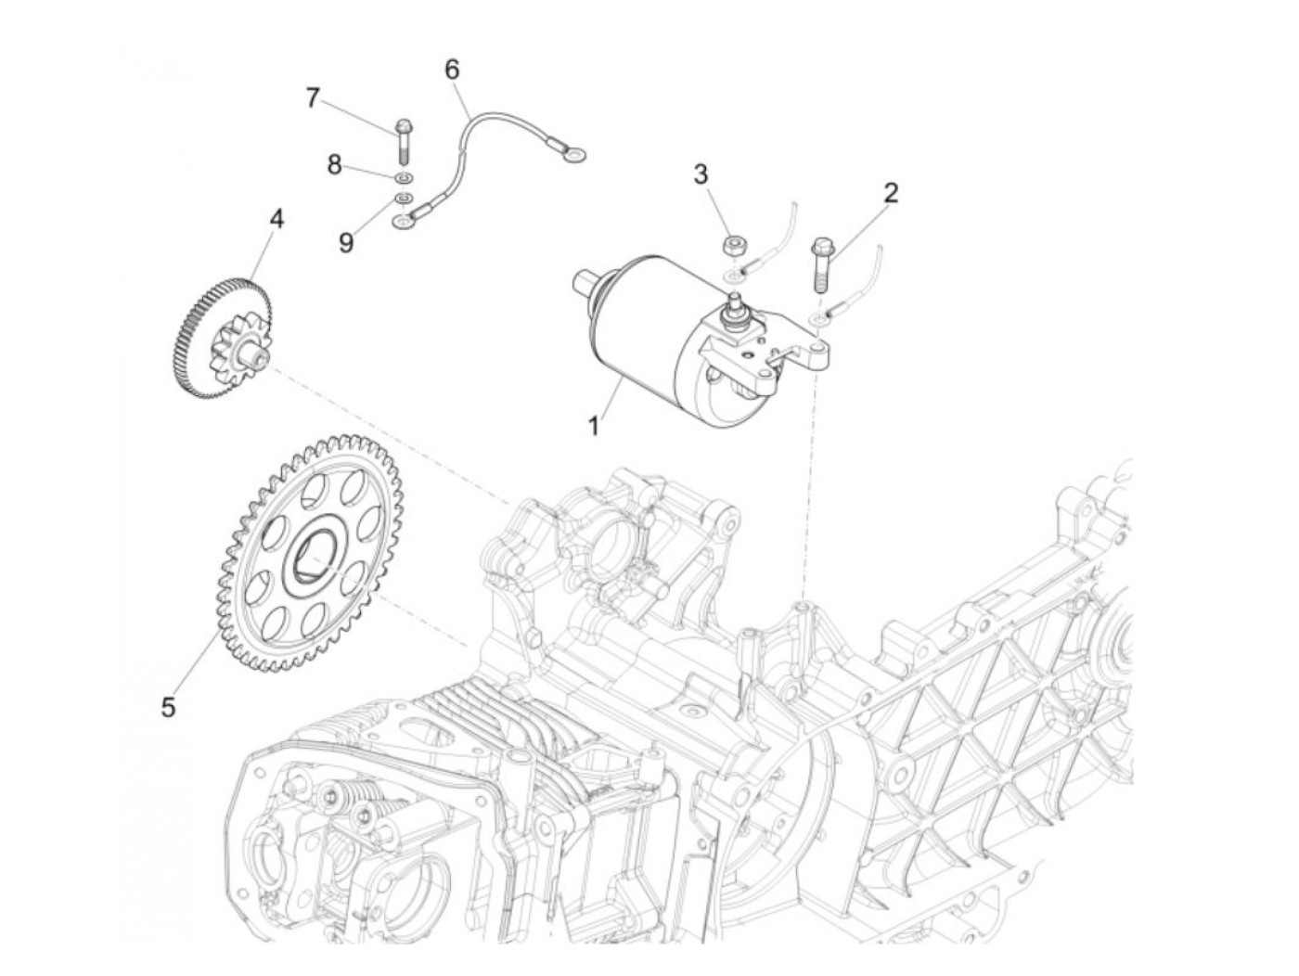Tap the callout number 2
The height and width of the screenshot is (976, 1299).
891,193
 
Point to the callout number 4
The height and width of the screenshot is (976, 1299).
277,219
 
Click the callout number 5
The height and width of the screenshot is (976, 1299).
168,707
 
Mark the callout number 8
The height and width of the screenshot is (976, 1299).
334,165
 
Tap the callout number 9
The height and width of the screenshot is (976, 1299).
345,243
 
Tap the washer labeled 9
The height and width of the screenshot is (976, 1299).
404,199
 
